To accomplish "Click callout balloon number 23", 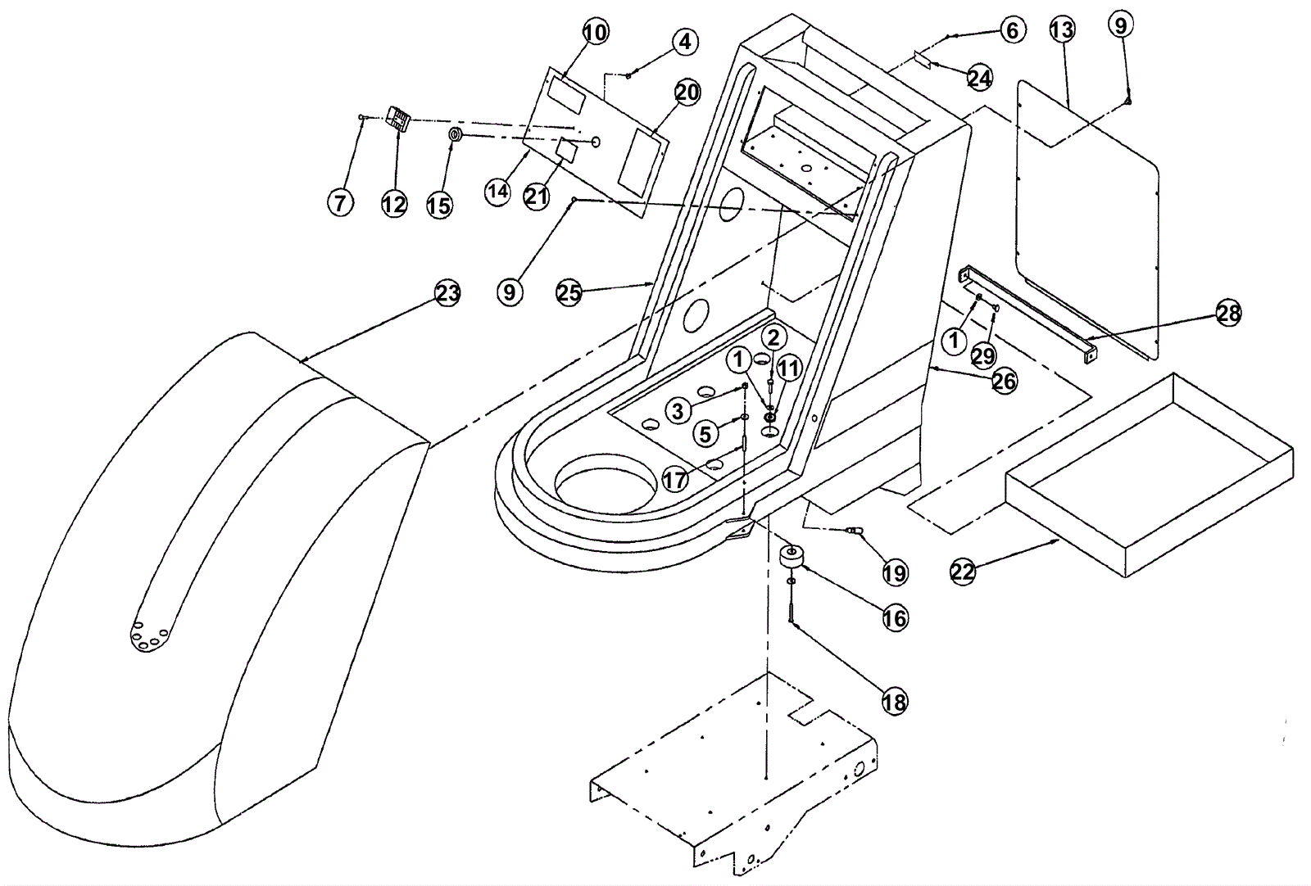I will pyautogui.click(x=447, y=293).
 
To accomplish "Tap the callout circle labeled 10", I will pyautogui.click(x=596, y=32).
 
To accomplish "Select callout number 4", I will pyautogui.click(x=686, y=41).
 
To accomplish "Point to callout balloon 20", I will pyautogui.click(x=687, y=93).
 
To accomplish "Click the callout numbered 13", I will pyautogui.click(x=1062, y=30).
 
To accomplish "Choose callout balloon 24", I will pyautogui.click(x=979, y=78).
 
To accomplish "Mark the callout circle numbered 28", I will pyautogui.click(x=1228, y=313).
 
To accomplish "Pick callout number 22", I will pyautogui.click(x=964, y=571).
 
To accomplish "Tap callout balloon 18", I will pyautogui.click(x=895, y=702).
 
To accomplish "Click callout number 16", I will pyautogui.click(x=896, y=617).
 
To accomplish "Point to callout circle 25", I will pyautogui.click(x=569, y=292).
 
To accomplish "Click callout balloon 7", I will pyautogui.click(x=341, y=201).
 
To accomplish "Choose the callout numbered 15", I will pyautogui.click(x=439, y=205).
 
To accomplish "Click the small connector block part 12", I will pyautogui.click(x=399, y=120).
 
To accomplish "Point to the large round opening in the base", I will pyautogui.click(x=606, y=490).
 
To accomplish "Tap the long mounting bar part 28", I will pyautogui.click(x=1028, y=315).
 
